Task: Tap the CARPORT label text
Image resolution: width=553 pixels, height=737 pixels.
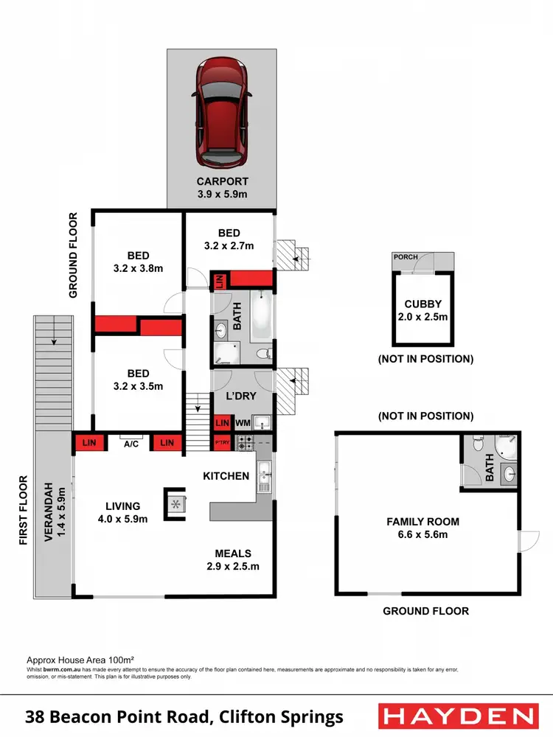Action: [x=222, y=181]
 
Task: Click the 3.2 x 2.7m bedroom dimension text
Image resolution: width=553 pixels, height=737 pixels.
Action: [x=229, y=246]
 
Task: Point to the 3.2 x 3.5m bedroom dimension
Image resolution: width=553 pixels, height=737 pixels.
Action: [x=137, y=385]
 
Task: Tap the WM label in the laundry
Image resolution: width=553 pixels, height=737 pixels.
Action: [x=243, y=424]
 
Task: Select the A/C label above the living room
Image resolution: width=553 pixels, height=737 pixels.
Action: [x=131, y=444]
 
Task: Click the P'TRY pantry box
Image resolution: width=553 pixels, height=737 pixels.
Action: [x=221, y=443]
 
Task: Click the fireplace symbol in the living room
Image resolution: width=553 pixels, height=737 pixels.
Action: [x=176, y=503]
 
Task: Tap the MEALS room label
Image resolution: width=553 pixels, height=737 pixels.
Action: [x=233, y=553]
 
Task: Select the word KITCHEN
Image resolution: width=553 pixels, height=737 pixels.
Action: [x=226, y=476]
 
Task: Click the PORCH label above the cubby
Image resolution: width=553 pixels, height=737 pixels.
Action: [x=406, y=257]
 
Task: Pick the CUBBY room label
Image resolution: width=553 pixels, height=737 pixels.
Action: [x=422, y=304]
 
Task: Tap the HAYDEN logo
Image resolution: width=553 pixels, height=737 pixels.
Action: [x=456, y=716]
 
